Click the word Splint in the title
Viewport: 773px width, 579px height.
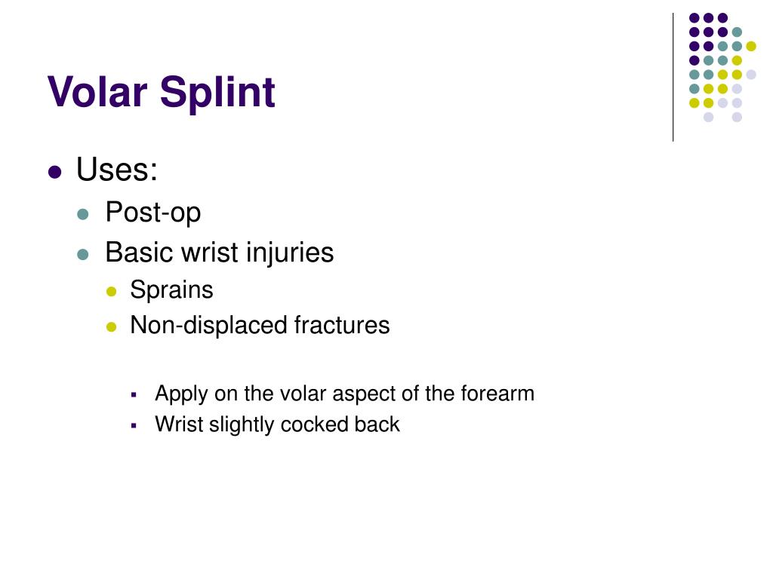(x=217, y=93)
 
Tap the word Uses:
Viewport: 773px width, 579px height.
(x=117, y=170)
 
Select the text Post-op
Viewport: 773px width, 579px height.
(x=153, y=213)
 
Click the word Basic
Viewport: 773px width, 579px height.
(x=139, y=252)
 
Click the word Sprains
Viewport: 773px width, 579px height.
(x=171, y=290)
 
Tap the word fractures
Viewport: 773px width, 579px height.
(x=342, y=325)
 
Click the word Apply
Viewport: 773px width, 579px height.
(x=181, y=394)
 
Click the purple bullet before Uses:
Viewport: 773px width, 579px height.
(x=54, y=172)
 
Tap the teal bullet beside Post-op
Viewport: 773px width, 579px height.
(x=84, y=214)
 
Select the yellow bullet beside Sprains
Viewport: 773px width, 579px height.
(x=112, y=292)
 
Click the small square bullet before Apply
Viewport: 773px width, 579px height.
(x=133, y=394)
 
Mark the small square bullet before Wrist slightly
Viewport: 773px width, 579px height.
(x=133, y=425)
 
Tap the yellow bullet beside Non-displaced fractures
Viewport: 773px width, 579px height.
(x=112, y=326)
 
